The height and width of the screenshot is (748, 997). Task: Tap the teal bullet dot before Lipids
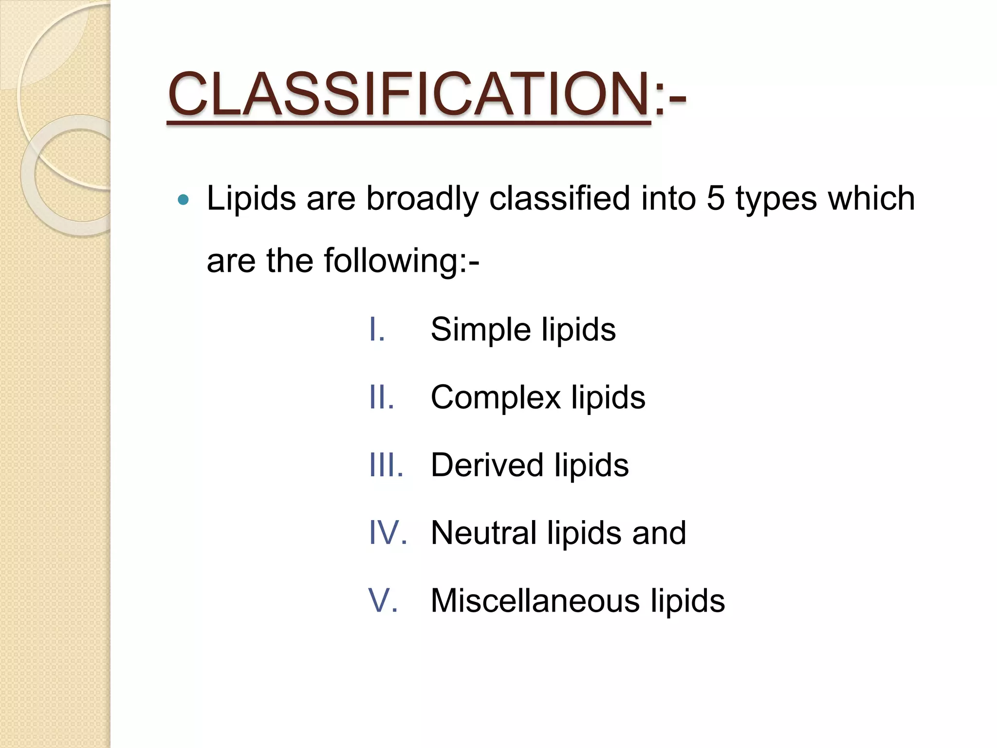[x=183, y=199]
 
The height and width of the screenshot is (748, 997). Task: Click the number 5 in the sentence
[x=715, y=198]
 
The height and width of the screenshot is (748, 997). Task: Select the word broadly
[x=422, y=199]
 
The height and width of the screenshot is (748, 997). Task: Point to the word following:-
[x=402, y=261]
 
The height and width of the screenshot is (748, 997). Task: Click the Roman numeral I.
[x=377, y=330]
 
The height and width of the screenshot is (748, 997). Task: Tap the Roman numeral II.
[x=381, y=397]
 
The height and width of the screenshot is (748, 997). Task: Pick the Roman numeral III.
[x=386, y=465]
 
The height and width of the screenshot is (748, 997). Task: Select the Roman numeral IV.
[x=388, y=533]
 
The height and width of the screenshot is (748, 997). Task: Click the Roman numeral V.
[x=383, y=600]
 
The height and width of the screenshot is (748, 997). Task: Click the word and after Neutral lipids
[x=659, y=533]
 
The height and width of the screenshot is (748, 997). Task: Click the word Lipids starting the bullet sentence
[x=251, y=199]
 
